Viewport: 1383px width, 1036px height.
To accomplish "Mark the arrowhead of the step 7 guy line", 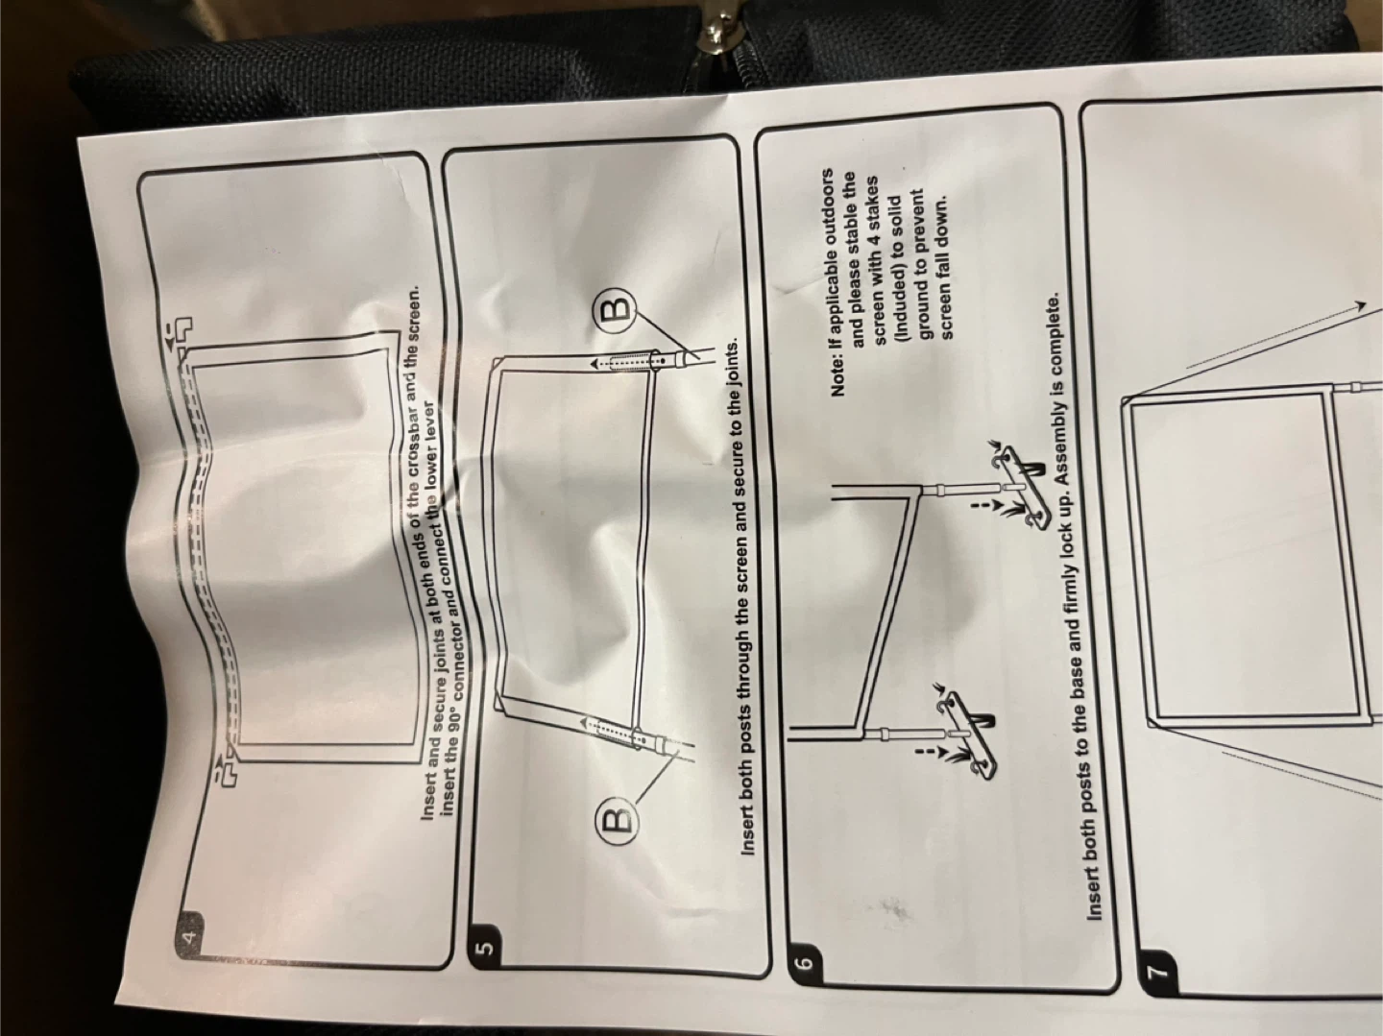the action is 1361,304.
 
